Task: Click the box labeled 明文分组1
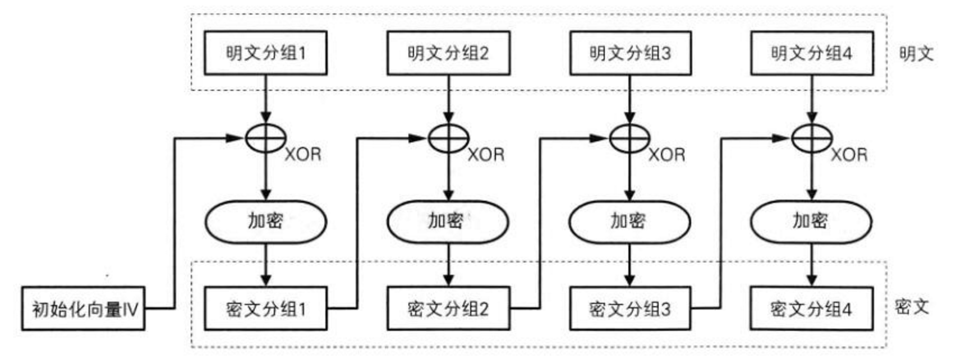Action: (265, 53)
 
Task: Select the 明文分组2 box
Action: (448, 53)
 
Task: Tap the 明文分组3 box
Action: (630, 53)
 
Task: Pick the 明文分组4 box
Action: (812, 53)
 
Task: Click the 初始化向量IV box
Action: (84, 308)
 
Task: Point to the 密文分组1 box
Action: (265, 308)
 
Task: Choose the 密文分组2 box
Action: (448, 308)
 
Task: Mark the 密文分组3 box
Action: (630, 308)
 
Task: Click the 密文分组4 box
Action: (812, 308)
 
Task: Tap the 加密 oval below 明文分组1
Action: (265, 221)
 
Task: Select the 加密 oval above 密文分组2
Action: (448, 221)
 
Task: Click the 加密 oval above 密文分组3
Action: (629, 221)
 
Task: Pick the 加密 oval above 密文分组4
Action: (811, 221)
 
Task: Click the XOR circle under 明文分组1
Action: (266, 137)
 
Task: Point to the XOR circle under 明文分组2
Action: (448, 137)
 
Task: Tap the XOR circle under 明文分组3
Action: (630, 137)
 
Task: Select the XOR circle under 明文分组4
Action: (812, 137)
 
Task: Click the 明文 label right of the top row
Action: (916, 54)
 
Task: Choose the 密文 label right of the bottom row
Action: (912, 307)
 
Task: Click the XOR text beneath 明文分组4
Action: (849, 155)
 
